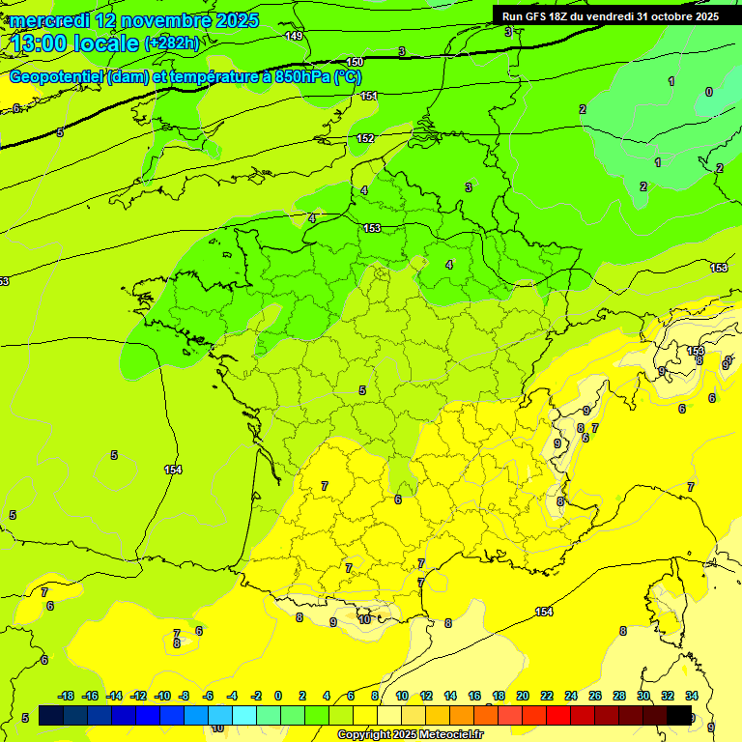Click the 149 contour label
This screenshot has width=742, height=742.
[x=295, y=36]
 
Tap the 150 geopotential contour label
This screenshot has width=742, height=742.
[x=355, y=62]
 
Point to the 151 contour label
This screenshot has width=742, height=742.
[x=369, y=96]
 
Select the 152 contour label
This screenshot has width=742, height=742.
[x=365, y=138]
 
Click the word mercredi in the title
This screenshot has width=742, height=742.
[x=50, y=20]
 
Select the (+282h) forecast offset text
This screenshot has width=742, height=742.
[x=172, y=43]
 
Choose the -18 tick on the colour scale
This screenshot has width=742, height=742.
[x=67, y=696]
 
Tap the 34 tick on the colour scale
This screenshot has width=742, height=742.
[x=692, y=696]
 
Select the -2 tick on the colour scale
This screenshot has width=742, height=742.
[x=256, y=696]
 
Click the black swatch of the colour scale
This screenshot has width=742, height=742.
[x=679, y=715]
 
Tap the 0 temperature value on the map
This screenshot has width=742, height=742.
[x=709, y=92]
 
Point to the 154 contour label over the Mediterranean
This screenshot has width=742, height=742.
[x=544, y=612]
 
